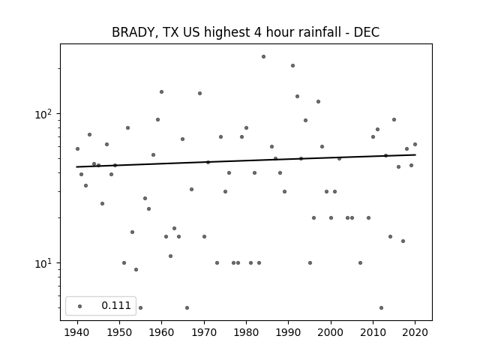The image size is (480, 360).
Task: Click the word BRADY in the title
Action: (x=132, y=32)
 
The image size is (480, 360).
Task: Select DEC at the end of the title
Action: (x=367, y=32)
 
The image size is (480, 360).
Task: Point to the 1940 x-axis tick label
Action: (x=77, y=332)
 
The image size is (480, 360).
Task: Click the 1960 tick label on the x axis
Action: (x=162, y=332)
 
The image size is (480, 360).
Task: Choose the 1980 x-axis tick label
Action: (x=246, y=332)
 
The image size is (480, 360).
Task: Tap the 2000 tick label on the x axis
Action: (x=331, y=332)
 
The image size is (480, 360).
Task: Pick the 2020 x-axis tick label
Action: (x=415, y=332)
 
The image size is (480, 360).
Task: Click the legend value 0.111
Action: (x=116, y=305)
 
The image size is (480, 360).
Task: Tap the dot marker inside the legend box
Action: (x=80, y=306)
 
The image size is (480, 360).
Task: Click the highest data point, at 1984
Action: (x=263, y=57)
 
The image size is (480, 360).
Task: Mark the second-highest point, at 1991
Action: (x=293, y=65)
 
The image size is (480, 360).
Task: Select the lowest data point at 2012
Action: (x=382, y=307)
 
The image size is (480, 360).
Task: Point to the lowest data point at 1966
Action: (x=187, y=307)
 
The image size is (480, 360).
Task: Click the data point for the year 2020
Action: (x=415, y=144)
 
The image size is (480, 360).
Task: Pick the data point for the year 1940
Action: (x=77, y=148)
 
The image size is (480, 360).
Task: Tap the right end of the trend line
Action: (x=415, y=154)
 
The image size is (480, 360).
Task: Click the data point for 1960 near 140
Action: (x=162, y=91)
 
